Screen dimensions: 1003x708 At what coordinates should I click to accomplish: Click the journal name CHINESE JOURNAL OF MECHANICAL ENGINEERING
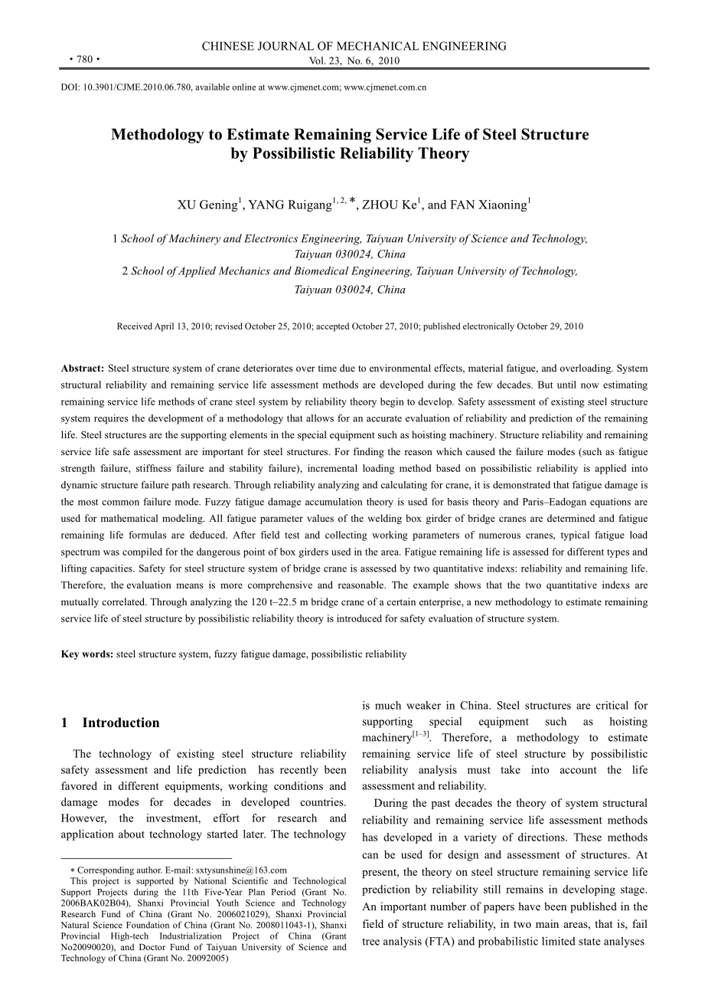354,46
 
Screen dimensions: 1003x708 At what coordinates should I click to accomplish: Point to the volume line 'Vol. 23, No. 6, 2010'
354,61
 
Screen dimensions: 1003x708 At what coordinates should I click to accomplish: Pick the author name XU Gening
207,205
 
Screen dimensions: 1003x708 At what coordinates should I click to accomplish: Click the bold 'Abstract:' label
83,369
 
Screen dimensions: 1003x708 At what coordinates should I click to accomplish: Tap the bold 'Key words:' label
87,654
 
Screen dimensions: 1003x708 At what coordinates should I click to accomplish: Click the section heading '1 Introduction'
110,723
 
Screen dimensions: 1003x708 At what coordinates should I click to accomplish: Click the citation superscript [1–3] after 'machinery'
421,734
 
